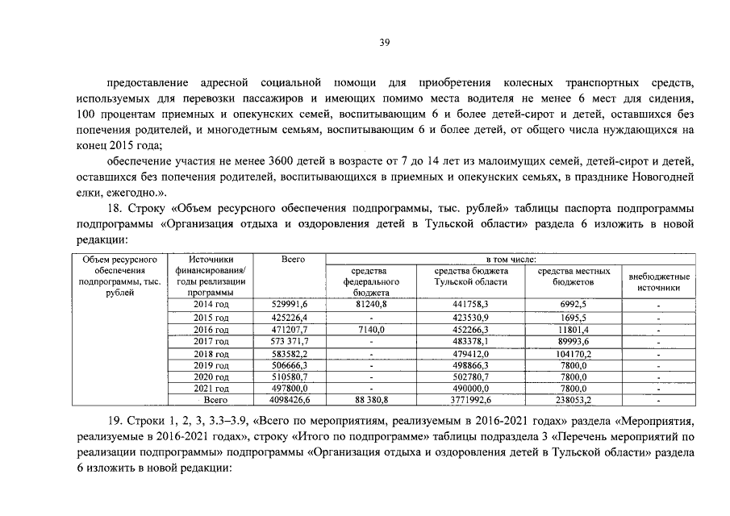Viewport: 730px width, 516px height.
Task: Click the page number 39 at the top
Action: click(385, 44)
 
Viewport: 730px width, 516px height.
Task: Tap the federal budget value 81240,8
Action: click(372, 304)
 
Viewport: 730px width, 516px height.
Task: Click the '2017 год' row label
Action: click(211, 342)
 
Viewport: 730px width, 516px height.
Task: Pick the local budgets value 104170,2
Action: click(574, 354)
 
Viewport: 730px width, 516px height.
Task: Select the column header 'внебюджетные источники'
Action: click(659, 281)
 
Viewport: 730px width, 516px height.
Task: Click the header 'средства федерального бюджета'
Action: click(372, 281)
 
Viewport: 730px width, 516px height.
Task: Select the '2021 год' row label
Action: click(211, 388)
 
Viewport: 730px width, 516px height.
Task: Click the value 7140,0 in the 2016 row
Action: click(372, 330)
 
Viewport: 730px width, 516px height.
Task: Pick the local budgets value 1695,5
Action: click(574, 318)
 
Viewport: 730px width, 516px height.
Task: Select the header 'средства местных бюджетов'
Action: click(574, 277)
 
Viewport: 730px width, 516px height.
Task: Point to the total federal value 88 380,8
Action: click(372, 399)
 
